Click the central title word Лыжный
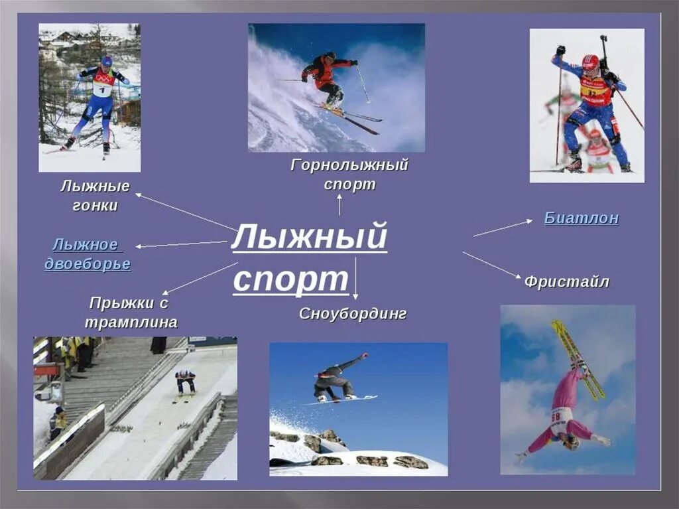(x=308, y=238)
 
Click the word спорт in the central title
(x=290, y=279)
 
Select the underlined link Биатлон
(x=582, y=218)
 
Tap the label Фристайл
(x=566, y=281)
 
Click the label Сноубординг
(x=352, y=313)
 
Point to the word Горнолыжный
(x=349, y=165)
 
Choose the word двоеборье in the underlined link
(x=88, y=264)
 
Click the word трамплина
(x=131, y=323)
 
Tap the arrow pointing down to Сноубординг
(x=355, y=279)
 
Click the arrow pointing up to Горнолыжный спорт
(x=339, y=204)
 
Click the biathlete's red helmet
(x=589, y=62)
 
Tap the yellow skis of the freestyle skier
(x=578, y=359)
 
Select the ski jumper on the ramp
(x=185, y=383)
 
